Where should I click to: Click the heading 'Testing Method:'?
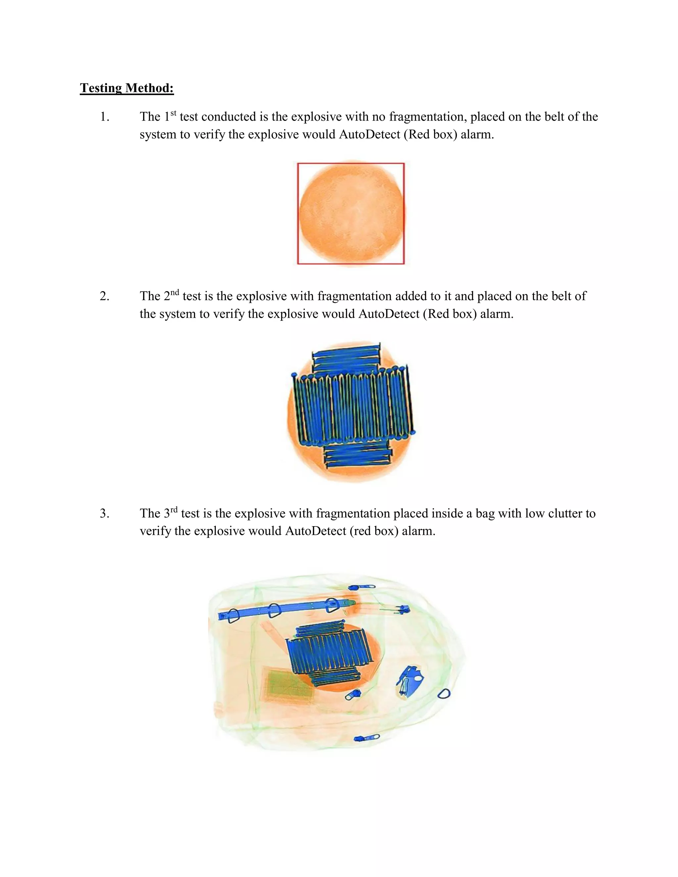point(126,88)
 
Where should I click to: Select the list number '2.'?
point(104,296)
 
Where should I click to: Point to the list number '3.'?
point(104,514)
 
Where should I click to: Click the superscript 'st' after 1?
point(173,113)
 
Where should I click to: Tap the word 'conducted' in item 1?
point(229,117)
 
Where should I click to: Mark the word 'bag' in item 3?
point(485,514)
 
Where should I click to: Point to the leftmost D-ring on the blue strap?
point(233,616)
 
